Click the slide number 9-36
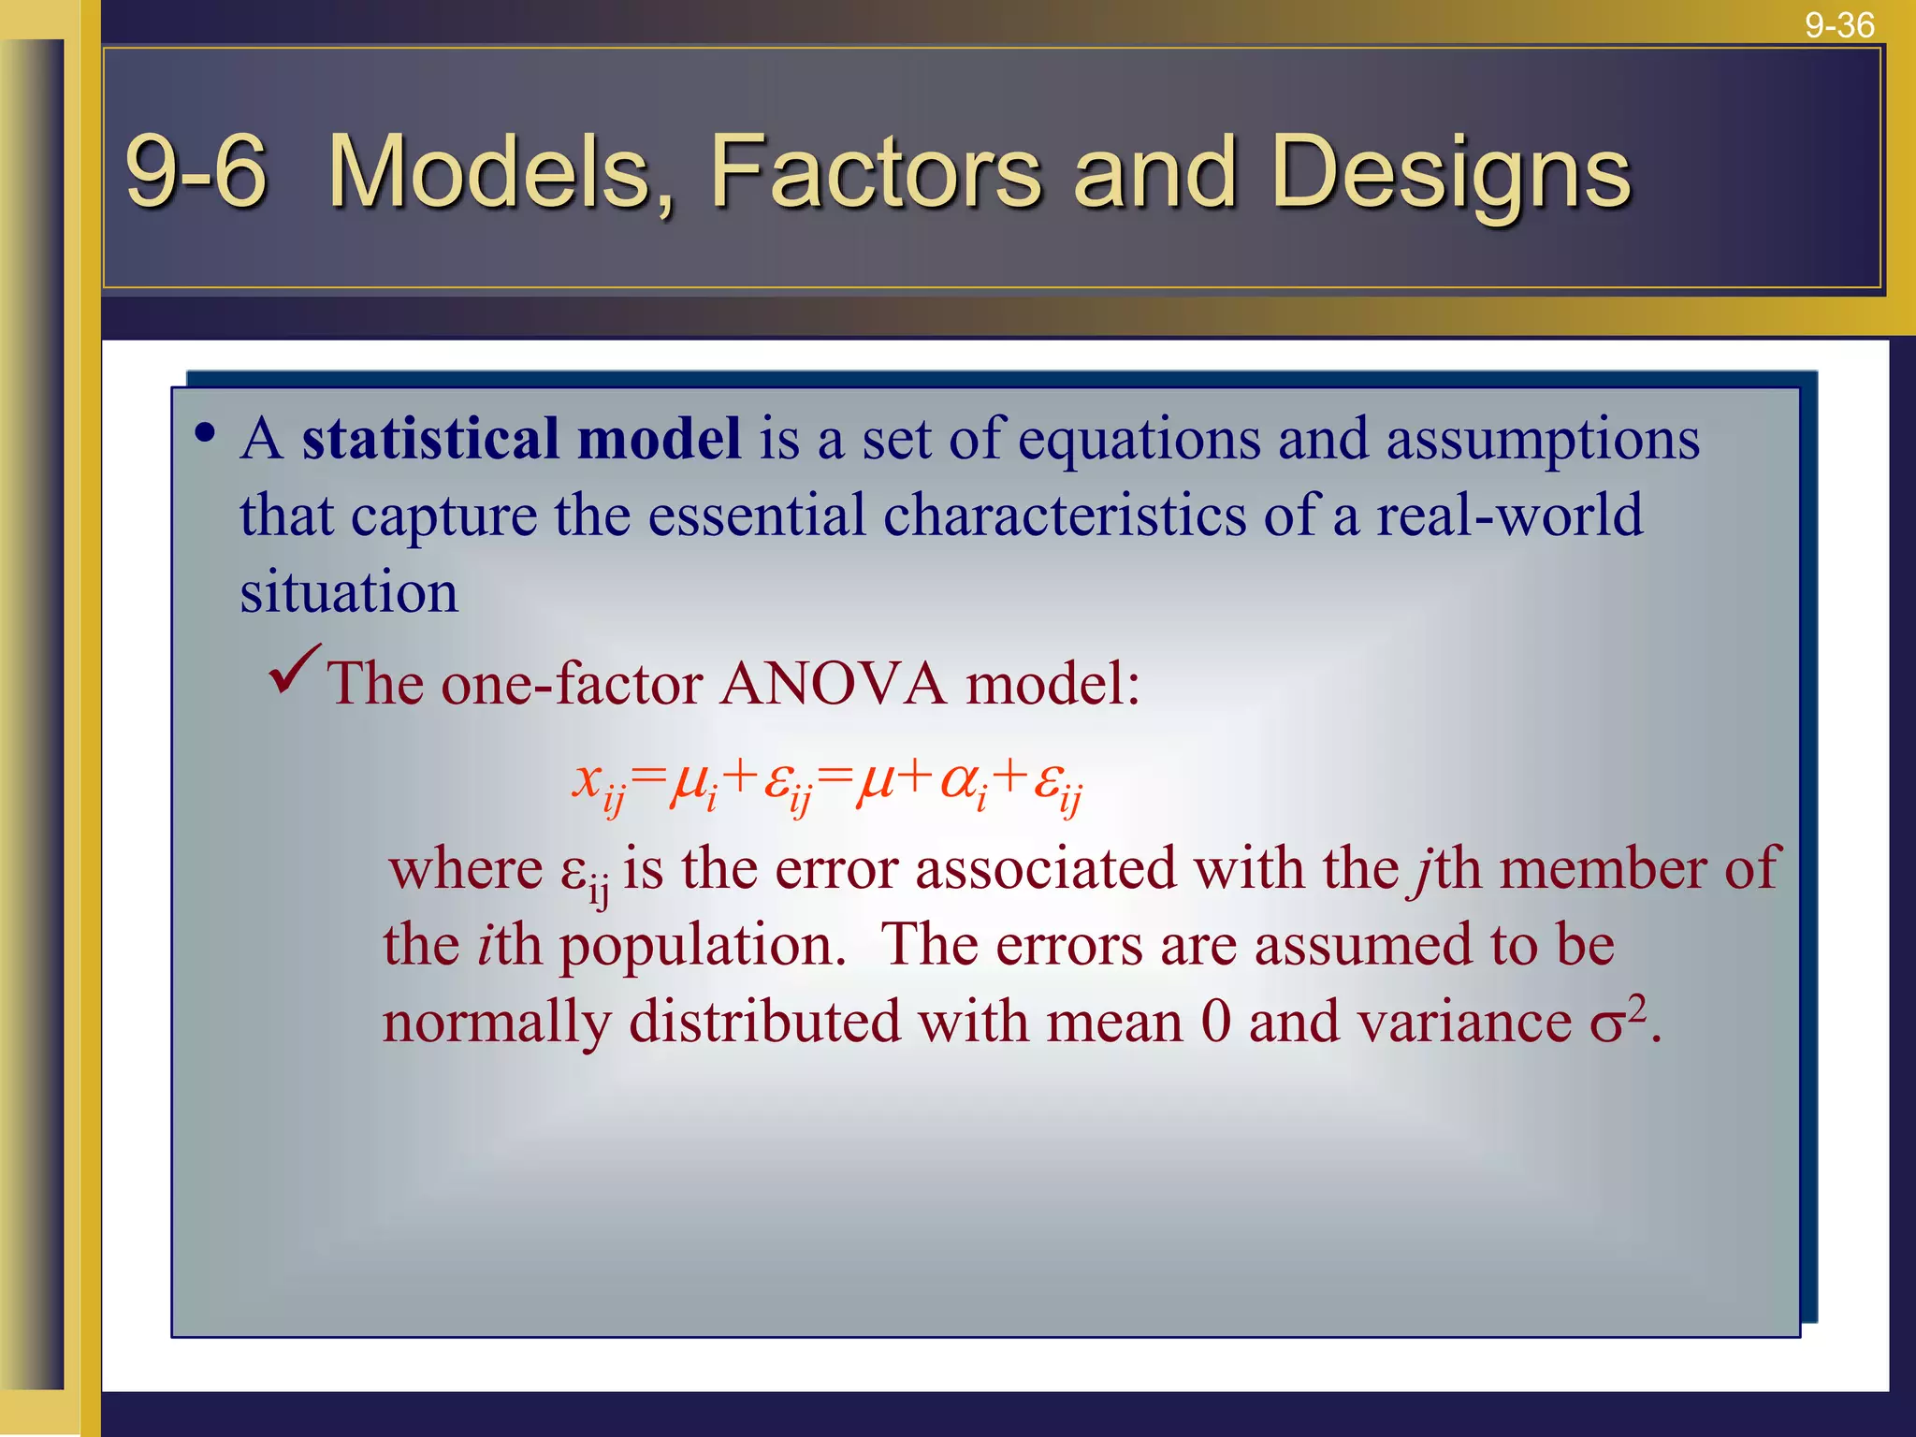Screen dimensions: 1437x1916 coord(1839,24)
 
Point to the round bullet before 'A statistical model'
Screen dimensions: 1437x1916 coord(206,434)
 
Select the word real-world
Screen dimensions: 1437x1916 coord(1508,515)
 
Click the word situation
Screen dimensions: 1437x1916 coord(349,591)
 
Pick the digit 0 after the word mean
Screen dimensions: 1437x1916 coord(1215,1021)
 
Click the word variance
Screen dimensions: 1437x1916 coord(1464,1021)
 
